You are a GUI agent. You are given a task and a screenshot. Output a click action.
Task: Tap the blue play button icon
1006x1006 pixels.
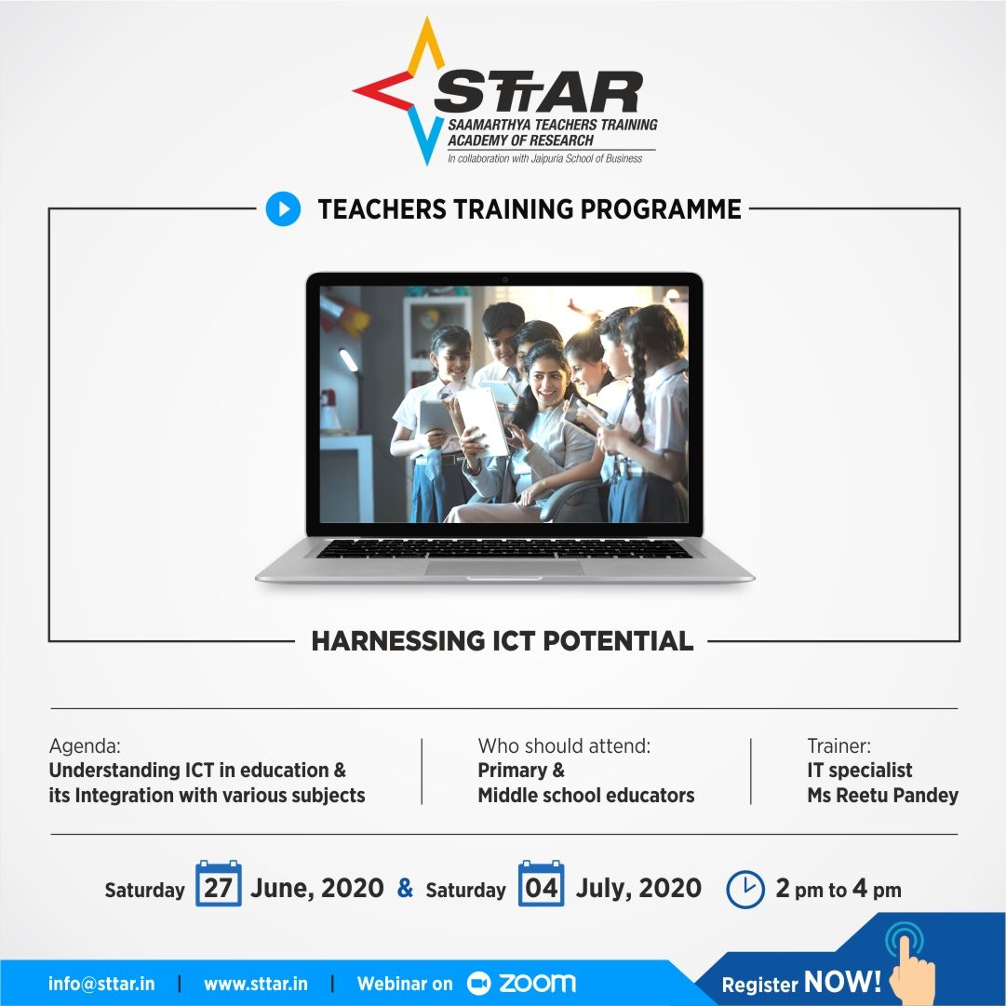[x=283, y=208]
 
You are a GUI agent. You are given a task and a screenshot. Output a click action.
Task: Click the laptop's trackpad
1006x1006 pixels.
[x=504, y=567]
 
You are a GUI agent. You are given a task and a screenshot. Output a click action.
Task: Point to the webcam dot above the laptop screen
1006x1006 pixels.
[x=504, y=279]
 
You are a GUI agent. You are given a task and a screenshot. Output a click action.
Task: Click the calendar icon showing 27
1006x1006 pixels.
[x=218, y=885]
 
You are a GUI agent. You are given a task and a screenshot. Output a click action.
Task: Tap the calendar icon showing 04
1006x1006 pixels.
[x=541, y=885]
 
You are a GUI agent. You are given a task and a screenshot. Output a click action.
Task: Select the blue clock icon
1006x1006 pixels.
[x=744, y=889]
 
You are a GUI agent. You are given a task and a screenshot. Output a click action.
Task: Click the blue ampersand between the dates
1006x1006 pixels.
[x=405, y=888]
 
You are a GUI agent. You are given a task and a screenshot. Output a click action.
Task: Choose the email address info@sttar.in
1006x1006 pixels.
[x=101, y=984]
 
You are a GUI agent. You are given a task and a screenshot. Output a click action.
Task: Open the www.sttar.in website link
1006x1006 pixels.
[x=255, y=984]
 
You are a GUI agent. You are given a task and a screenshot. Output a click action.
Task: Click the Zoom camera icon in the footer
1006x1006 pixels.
[x=478, y=983]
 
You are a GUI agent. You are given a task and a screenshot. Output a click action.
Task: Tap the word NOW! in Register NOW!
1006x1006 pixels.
[x=842, y=982]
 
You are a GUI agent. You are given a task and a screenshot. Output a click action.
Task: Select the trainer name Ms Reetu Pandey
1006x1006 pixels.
[x=882, y=796]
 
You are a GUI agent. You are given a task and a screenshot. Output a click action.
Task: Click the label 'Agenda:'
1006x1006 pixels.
[x=85, y=745]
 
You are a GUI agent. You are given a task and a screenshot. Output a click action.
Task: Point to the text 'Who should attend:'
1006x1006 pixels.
[x=564, y=745]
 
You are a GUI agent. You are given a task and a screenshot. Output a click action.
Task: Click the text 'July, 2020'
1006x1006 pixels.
[x=638, y=888]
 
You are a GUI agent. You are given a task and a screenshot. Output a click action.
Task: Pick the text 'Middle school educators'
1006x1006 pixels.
[x=586, y=796]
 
